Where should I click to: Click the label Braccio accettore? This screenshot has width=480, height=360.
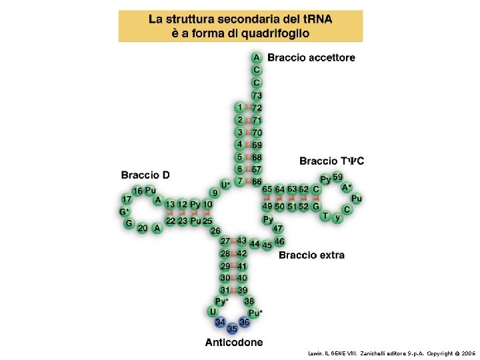tap(311, 57)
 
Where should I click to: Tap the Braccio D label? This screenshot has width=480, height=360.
tap(145, 175)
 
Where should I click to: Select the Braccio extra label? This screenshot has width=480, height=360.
tap(311, 255)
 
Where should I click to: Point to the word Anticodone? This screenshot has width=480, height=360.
tap(233, 343)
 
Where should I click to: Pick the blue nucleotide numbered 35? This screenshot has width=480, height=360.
tap(232, 329)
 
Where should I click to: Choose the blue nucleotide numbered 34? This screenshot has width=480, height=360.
tap(220, 323)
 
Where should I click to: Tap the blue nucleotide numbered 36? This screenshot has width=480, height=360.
tap(244, 323)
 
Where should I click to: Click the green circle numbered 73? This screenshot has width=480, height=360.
tap(257, 95)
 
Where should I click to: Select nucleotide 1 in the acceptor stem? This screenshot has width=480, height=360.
tap(239, 107)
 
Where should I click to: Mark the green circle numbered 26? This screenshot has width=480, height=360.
tap(215, 231)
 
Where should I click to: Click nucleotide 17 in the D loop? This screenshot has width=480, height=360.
tap(126, 199)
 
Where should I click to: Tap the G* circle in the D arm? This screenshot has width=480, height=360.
tap(125, 212)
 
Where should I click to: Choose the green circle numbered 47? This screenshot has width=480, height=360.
tap(278, 229)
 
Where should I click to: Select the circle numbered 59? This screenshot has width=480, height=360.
tap(338, 177)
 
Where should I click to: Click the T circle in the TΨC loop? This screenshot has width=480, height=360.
tap(325, 215)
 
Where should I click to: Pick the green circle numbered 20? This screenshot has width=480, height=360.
tap(142, 228)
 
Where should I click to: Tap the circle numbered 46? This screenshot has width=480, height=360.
tap(279, 241)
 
